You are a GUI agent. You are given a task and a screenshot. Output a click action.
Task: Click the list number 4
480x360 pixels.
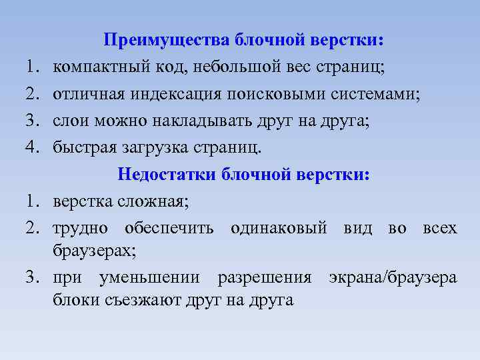[x=34, y=147]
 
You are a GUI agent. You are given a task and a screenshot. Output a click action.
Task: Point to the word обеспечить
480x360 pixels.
[x=169, y=228]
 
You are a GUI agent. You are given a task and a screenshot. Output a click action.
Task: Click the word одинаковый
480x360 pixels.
[x=279, y=228]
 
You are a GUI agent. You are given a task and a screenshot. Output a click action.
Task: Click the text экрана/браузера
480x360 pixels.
[x=393, y=277]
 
